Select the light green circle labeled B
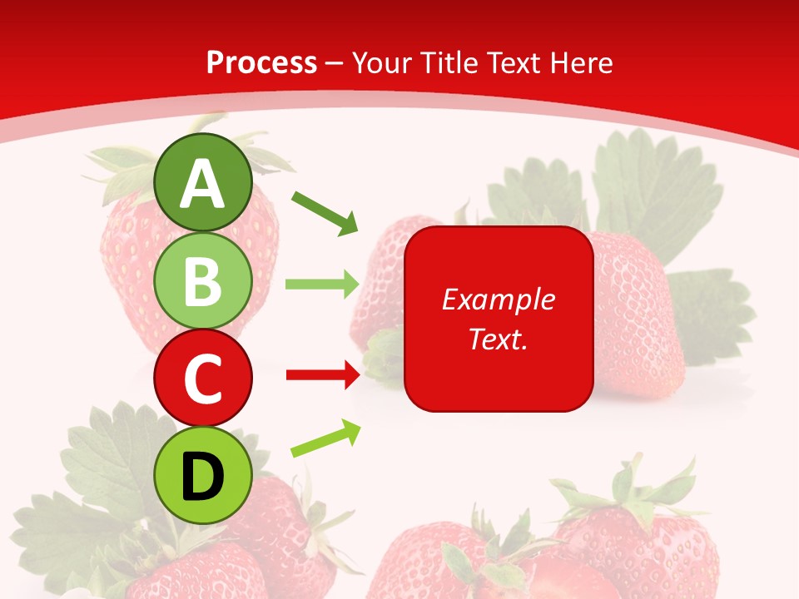tap(203, 281)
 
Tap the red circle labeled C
tap(203, 378)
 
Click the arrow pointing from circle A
tap(325, 212)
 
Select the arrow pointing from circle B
tap(322, 285)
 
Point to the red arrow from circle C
tap(322, 375)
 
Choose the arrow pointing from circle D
tap(325, 439)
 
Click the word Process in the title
tap(261, 62)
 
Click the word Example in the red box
tap(498, 299)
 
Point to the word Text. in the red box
tap(498, 339)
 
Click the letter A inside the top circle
tap(203, 184)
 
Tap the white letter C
tap(203, 379)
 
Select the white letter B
tap(203, 281)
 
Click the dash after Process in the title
tap(335, 64)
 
